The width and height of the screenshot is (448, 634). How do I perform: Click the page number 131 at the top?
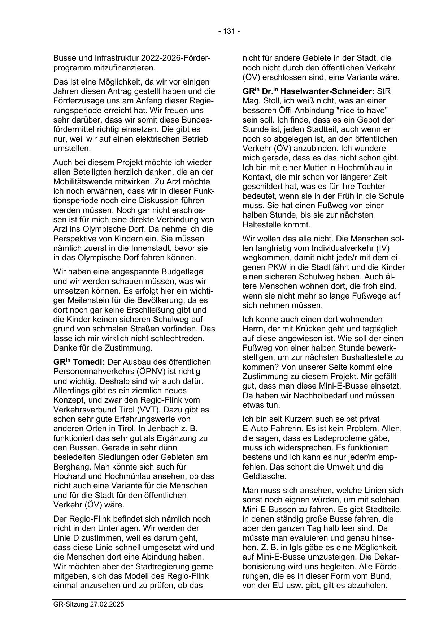click(229, 31)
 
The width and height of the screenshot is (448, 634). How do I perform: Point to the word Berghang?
click(71, 467)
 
